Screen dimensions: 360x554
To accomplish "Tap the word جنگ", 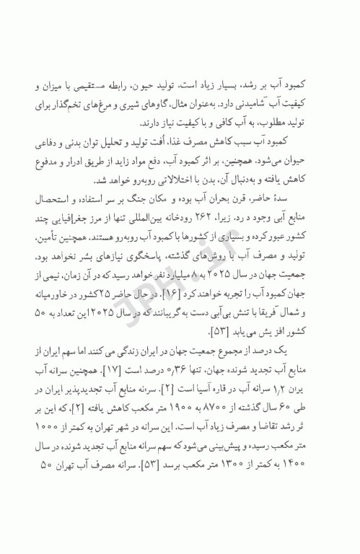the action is tap(194, 198).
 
